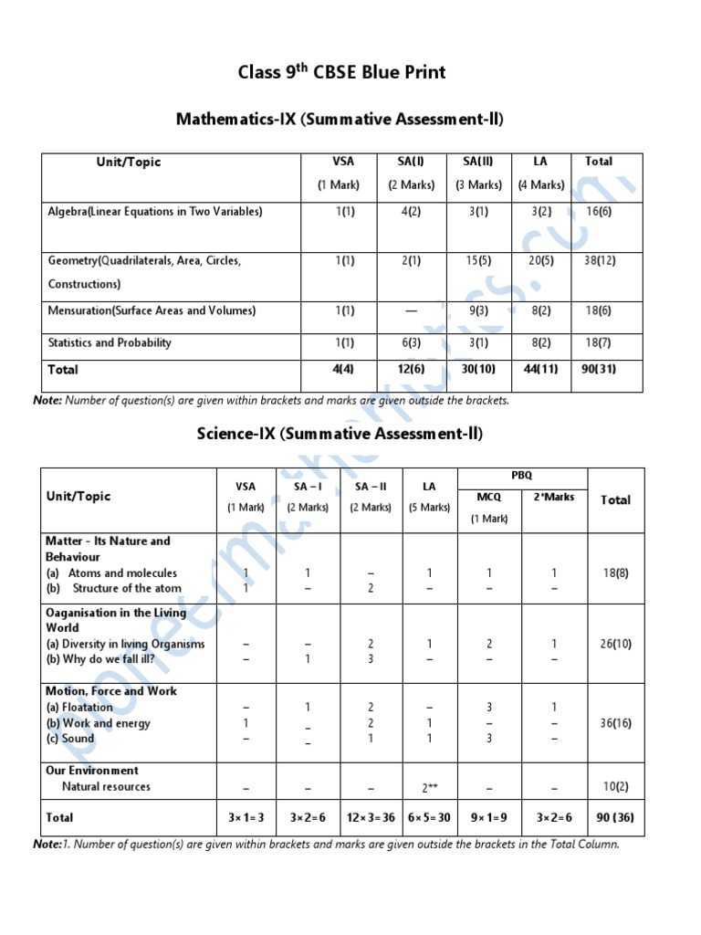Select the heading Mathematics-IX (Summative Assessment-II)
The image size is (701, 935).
click(x=340, y=119)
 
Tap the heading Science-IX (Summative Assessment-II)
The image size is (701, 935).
click(x=340, y=433)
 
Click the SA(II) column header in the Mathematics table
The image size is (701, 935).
click(x=478, y=162)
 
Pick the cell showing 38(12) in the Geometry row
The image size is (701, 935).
click(x=600, y=260)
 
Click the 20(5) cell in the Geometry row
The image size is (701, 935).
click(x=540, y=260)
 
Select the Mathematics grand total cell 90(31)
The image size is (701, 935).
click(x=600, y=369)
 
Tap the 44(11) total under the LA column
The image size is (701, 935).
click(x=540, y=369)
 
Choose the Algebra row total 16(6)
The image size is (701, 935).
click(x=600, y=211)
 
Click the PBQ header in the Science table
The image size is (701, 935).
click(x=522, y=476)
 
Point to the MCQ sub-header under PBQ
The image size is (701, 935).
click(x=489, y=497)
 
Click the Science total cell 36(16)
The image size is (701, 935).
click(x=615, y=723)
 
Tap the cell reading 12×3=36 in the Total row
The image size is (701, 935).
click(x=371, y=817)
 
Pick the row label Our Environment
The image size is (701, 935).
click(x=92, y=770)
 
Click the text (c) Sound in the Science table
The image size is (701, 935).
click(x=70, y=739)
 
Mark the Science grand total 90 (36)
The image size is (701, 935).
click(x=613, y=817)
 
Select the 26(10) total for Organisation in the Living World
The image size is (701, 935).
click(x=615, y=644)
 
